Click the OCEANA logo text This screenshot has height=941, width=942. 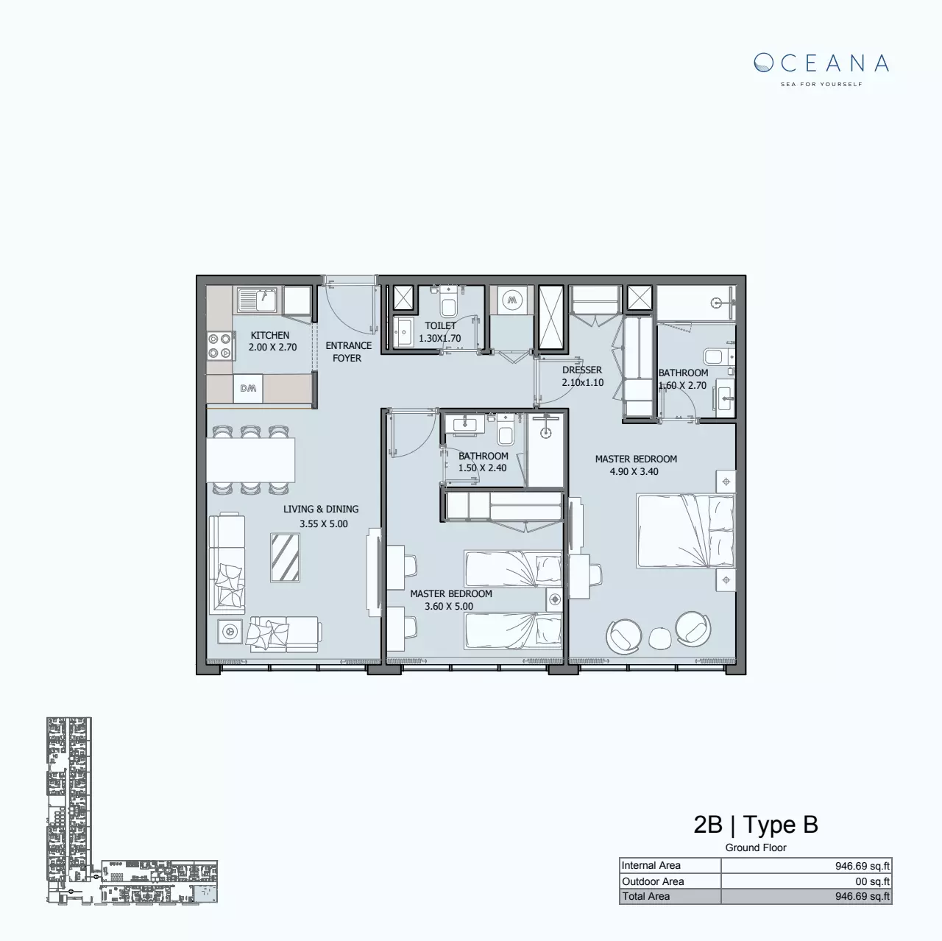[x=821, y=63]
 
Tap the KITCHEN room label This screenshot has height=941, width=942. [x=270, y=336]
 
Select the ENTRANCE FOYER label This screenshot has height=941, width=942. [x=348, y=352]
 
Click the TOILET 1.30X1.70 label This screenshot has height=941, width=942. [x=440, y=332]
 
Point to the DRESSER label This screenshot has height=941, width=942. [x=582, y=370]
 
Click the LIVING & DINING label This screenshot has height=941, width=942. [x=321, y=510]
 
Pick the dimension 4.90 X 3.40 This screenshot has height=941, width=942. [x=634, y=472]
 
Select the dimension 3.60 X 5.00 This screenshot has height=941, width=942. [x=449, y=607]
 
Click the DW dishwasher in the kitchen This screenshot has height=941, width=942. [x=248, y=389]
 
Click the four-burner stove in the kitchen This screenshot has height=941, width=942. [x=219, y=346]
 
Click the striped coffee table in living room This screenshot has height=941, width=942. [x=285, y=557]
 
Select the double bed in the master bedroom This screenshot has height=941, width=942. [x=685, y=531]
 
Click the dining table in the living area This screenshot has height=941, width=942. [x=251, y=459]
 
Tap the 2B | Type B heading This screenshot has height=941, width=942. [x=756, y=825]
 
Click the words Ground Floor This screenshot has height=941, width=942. [x=756, y=847]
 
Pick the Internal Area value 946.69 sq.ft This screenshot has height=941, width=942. [x=862, y=866]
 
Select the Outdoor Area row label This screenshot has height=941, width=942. [x=653, y=881]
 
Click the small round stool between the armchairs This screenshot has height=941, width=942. [x=659, y=636]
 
